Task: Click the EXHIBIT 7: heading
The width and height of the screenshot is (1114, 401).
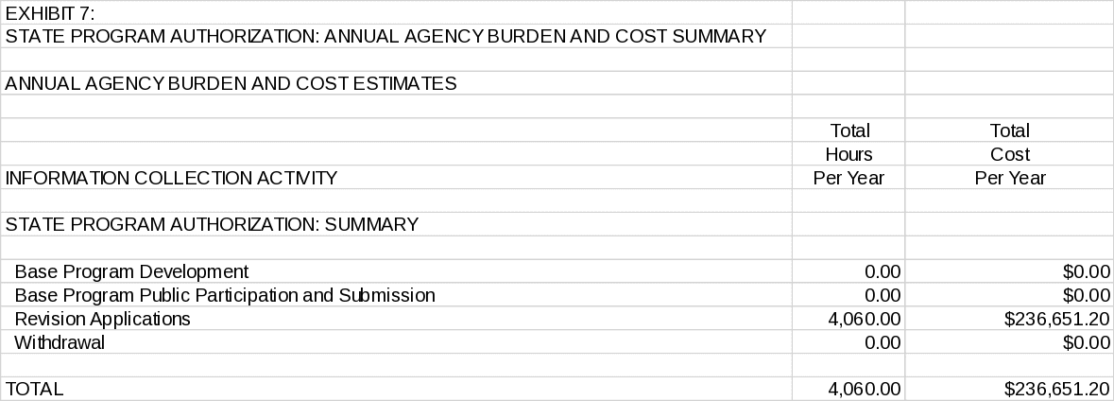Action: [50, 13]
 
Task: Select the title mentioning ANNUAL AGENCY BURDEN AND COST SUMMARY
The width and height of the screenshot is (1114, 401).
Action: [385, 37]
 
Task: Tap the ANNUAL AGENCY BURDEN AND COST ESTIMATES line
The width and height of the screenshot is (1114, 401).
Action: [231, 84]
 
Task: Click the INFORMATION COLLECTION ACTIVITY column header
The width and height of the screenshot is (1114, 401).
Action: [171, 178]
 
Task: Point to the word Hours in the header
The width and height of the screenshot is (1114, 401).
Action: [848, 154]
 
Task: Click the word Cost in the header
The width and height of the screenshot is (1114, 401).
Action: [1009, 154]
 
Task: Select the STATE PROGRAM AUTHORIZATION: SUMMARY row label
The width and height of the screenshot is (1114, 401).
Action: [212, 225]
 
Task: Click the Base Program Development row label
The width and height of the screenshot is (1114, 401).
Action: [131, 272]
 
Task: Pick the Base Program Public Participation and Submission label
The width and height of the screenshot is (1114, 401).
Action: [225, 296]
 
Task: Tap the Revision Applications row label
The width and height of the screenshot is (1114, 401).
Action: [102, 320]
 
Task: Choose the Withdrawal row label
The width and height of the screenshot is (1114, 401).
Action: [60, 343]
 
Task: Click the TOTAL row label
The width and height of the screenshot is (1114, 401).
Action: [34, 389]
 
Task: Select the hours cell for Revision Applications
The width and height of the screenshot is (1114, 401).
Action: [865, 320]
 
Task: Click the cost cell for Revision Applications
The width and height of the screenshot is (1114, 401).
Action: [1056, 320]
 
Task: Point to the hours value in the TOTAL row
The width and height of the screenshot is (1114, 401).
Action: [865, 389]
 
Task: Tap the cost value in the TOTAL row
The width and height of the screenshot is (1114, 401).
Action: [1056, 389]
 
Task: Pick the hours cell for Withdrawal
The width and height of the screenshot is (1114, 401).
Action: [883, 343]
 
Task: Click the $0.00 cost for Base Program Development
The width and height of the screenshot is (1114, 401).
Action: [1086, 272]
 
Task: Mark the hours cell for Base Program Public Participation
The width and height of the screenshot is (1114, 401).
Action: [883, 296]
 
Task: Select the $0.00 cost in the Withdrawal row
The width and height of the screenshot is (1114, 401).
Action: [1086, 343]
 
